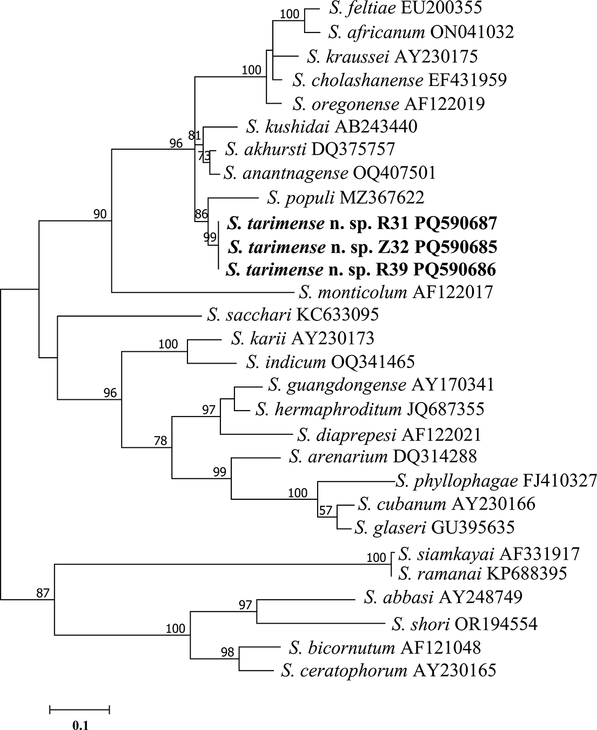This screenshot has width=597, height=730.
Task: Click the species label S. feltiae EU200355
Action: (404, 8)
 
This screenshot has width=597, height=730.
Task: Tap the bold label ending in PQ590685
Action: (362, 247)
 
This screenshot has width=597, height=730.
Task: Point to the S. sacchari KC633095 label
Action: (293, 314)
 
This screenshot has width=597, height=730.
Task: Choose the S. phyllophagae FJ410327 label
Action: (496, 480)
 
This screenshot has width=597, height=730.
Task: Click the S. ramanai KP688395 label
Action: (482, 573)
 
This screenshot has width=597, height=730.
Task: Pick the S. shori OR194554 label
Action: (465, 624)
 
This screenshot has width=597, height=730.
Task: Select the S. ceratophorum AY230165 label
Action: (388, 671)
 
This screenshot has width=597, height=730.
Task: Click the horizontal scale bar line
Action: (80, 709)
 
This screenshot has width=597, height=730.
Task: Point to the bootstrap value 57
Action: (326, 511)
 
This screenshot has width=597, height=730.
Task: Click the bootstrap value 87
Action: (43, 593)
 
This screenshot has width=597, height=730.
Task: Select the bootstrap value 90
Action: (100, 215)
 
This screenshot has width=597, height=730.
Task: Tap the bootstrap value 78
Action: (160, 441)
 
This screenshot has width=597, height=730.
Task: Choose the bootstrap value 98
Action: (227, 652)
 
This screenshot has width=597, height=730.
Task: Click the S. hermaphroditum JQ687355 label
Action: (370, 409)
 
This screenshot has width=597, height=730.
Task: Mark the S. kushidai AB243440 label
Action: (331, 126)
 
